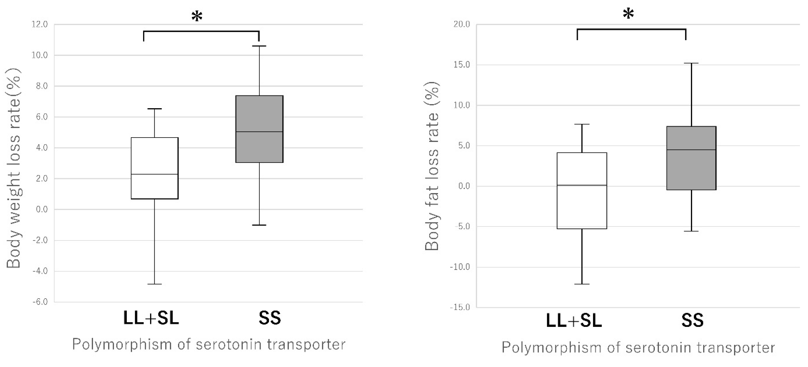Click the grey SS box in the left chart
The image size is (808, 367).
click(x=259, y=129)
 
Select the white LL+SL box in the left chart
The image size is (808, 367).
click(x=155, y=168)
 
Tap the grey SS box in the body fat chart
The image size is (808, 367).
click(x=691, y=158)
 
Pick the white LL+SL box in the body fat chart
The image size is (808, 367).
click(x=582, y=191)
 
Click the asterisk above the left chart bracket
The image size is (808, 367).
click(x=197, y=16)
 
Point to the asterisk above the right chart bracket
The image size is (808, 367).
click(x=628, y=14)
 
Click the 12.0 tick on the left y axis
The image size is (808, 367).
click(x=40, y=24)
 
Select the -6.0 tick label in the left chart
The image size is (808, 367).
click(x=40, y=302)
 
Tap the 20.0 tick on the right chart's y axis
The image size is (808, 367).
click(x=462, y=24)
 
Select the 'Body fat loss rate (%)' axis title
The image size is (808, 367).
click(x=432, y=166)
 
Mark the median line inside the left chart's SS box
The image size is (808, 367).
click(x=259, y=132)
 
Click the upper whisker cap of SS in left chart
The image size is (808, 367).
click(x=259, y=46)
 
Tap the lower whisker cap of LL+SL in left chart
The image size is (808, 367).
click(x=155, y=284)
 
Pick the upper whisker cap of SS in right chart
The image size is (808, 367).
click(x=691, y=63)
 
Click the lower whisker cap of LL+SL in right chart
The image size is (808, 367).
click(x=582, y=284)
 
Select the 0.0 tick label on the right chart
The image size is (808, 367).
click(x=464, y=186)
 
